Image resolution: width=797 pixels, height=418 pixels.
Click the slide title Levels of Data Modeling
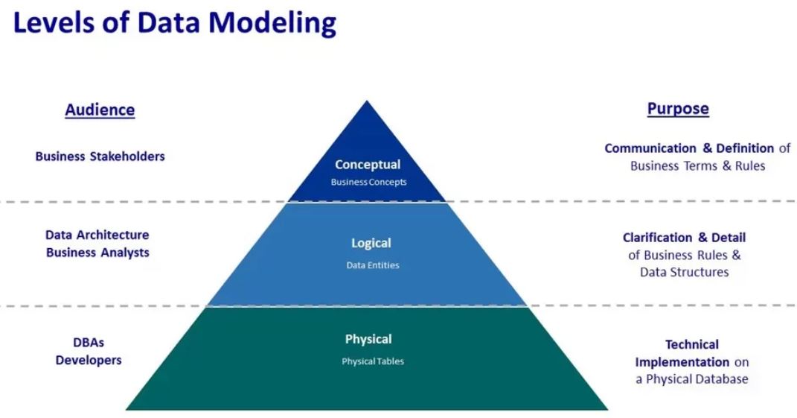[175, 23]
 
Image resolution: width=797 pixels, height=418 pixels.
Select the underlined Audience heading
[100, 110]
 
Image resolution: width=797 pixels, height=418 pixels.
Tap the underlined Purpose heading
[678, 109]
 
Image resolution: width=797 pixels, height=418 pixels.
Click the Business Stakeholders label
[100, 156]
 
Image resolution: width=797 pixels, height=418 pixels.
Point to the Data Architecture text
[97, 235]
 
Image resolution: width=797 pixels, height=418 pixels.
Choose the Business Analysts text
[97, 252]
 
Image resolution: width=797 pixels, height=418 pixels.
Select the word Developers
[89, 360]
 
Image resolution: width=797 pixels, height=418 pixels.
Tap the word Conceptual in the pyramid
[368, 165]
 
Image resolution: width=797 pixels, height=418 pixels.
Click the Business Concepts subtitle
[369, 182]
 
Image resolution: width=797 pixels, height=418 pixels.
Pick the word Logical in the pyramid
[371, 243]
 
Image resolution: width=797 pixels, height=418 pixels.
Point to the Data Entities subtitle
[373, 265]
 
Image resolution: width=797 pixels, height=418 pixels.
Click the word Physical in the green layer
[368, 339]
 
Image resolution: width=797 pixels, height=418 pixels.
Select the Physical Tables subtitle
[373, 361]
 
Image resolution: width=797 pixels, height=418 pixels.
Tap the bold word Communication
[651, 148]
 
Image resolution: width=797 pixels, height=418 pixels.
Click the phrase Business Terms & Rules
[697, 165]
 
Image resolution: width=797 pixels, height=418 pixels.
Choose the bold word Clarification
[657, 238]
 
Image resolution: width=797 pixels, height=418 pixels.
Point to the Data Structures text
[684, 272]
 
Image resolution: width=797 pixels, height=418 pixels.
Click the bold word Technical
[692, 344]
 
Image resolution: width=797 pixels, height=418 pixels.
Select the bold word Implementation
[682, 362]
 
